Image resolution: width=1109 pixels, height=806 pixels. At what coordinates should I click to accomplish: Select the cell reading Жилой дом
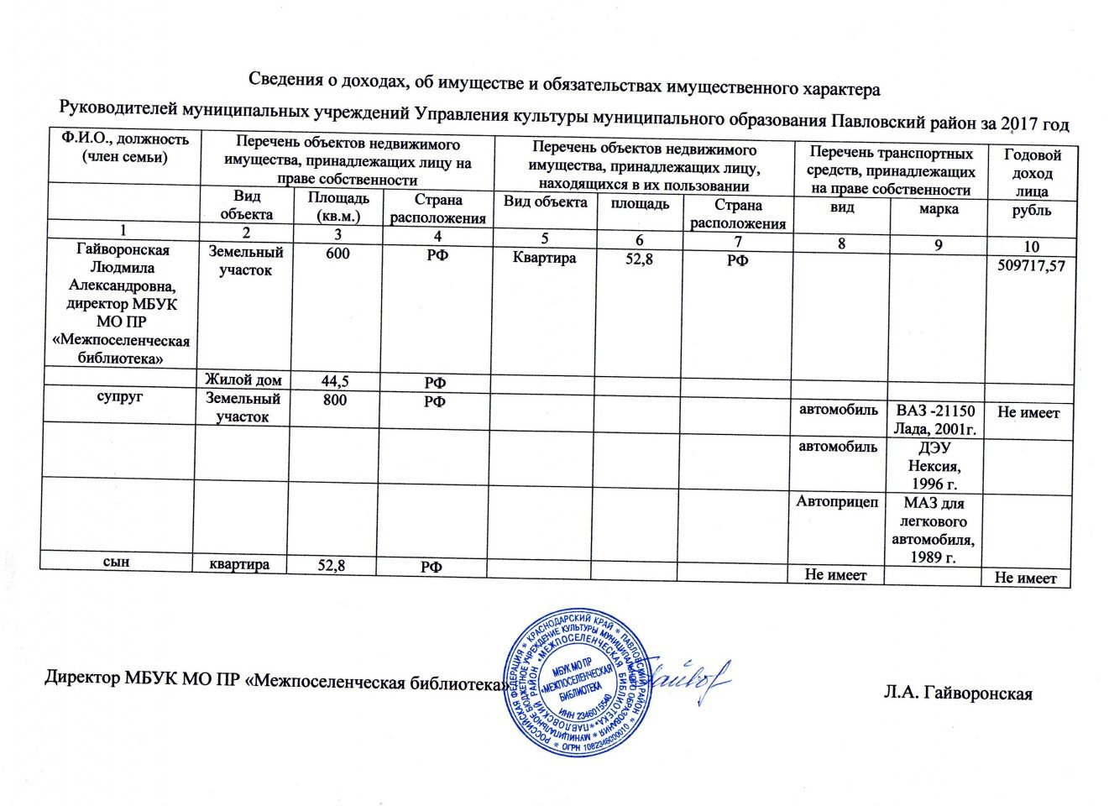click(243, 380)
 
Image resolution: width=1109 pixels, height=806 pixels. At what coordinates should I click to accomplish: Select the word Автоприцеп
click(837, 502)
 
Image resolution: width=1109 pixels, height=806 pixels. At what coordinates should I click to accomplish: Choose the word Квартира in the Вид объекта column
click(544, 258)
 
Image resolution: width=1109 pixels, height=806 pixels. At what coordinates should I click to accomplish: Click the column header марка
click(938, 209)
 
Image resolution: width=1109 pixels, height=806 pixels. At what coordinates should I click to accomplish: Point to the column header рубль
click(1031, 211)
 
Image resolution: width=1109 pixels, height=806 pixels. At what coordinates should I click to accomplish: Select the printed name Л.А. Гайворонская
click(957, 693)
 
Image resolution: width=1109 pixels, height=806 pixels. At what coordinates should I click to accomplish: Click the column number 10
click(1031, 246)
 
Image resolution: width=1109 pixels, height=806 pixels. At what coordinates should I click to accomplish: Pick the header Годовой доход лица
click(1032, 173)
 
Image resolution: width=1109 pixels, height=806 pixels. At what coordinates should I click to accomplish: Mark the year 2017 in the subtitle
click(1018, 124)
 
